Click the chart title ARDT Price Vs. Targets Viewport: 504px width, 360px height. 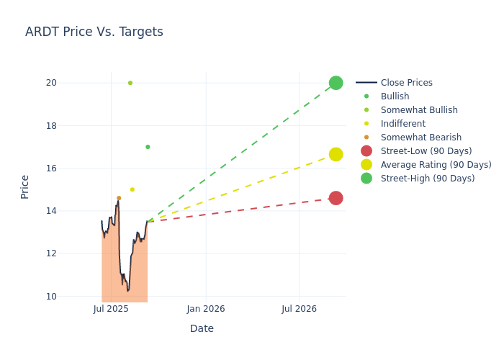coord(94,32)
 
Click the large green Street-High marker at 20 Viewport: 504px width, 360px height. coord(336,83)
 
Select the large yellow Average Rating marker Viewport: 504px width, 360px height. coord(336,154)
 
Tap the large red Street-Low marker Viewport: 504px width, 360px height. coord(336,198)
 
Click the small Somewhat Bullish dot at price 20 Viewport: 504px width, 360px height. coord(130,83)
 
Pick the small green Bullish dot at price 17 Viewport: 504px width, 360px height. coord(148,147)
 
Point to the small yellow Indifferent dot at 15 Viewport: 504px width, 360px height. coord(132,189)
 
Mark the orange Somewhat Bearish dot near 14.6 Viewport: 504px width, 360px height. coord(119,198)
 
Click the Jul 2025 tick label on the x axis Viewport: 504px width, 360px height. coord(111,309)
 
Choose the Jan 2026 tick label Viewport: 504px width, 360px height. coord(206,309)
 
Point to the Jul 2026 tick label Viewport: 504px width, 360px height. coord(299,309)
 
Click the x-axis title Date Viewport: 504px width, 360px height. coord(202,328)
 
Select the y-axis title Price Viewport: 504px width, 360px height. coord(25,186)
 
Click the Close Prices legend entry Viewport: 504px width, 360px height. coord(406,83)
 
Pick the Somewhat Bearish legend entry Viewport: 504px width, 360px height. coord(420,138)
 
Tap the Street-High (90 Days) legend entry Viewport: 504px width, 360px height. coord(427,179)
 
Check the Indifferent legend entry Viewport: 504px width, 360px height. coord(402,124)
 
